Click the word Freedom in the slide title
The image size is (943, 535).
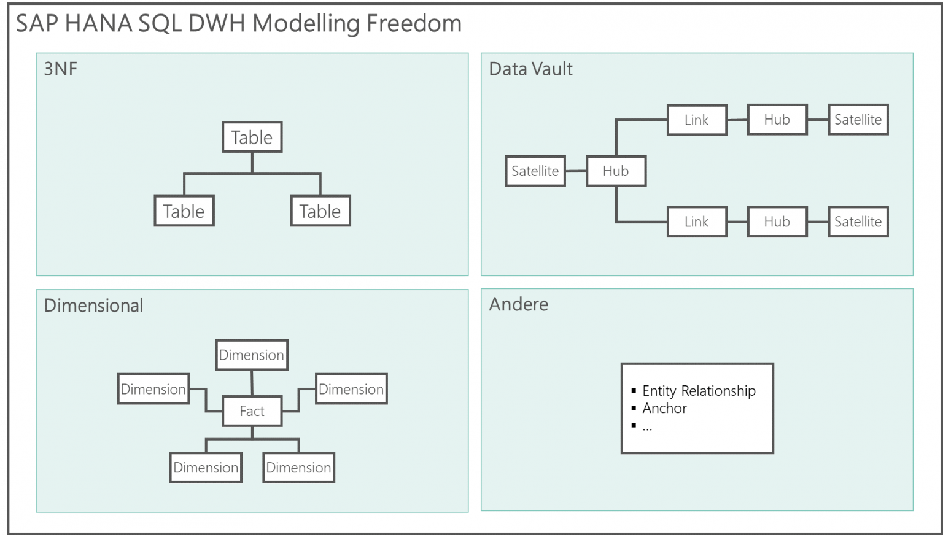[414, 24]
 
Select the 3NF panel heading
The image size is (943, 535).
[60, 69]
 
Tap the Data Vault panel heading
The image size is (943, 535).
[530, 69]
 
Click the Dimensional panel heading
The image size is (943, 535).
[93, 306]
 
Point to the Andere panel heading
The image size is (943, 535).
[518, 304]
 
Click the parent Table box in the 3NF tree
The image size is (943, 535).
[252, 137]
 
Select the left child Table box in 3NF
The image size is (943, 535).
[184, 211]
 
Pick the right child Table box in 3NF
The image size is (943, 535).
[320, 211]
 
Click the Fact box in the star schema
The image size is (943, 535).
[252, 411]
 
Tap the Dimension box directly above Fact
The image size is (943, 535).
[252, 355]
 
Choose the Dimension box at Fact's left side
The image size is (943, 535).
[153, 389]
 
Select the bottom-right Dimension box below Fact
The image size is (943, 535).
[298, 468]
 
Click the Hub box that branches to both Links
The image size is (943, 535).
[616, 171]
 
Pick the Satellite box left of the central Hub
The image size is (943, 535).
[535, 171]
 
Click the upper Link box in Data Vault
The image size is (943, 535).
[696, 120]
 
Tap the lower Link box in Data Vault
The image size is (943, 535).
[696, 221]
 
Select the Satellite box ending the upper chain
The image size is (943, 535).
[858, 120]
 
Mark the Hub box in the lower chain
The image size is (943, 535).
[777, 221]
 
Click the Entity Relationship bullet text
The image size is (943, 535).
[699, 391]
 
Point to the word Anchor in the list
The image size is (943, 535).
[664, 408]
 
